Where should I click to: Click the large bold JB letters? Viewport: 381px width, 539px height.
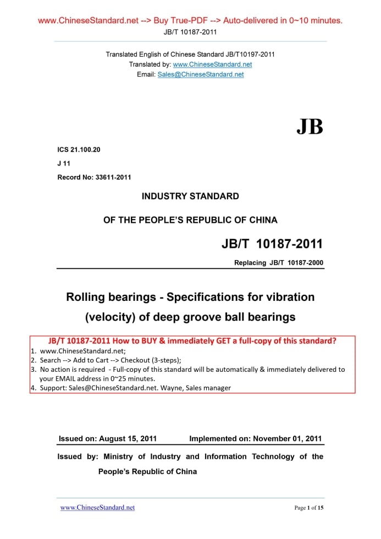pos(310,127)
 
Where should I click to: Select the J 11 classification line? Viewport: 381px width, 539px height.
pos(63,163)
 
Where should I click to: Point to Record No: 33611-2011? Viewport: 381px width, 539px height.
pos(94,177)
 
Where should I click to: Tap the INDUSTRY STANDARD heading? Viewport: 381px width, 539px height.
pos(190,196)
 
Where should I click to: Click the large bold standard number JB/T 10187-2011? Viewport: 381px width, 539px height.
pos(272,244)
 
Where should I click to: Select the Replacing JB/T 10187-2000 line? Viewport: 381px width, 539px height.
pos(279,263)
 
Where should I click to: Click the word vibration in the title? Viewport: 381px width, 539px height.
pos(286,297)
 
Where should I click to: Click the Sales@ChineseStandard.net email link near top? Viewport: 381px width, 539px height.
pos(200,74)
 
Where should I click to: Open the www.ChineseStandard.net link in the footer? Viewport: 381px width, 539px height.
pos(97,507)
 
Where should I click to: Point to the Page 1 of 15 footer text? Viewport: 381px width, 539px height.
pos(309,508)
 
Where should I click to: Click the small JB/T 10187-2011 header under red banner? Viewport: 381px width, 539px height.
pos(190,32)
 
